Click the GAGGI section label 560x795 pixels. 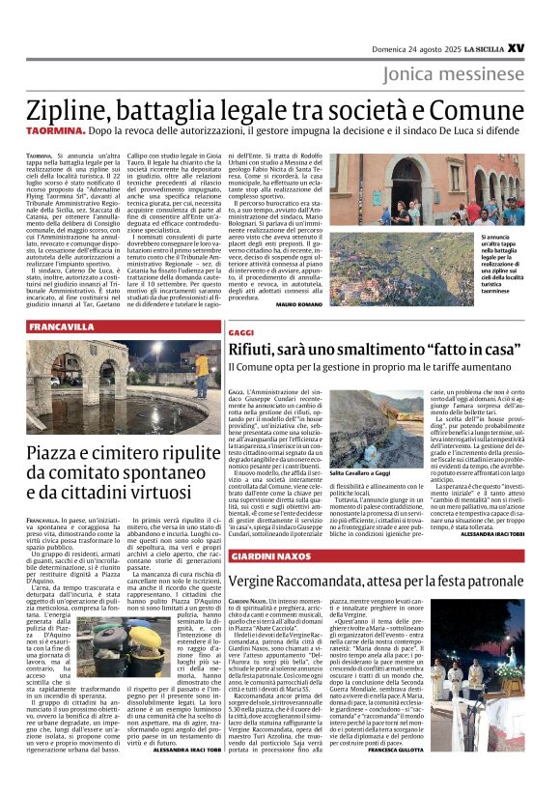point(241,331)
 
